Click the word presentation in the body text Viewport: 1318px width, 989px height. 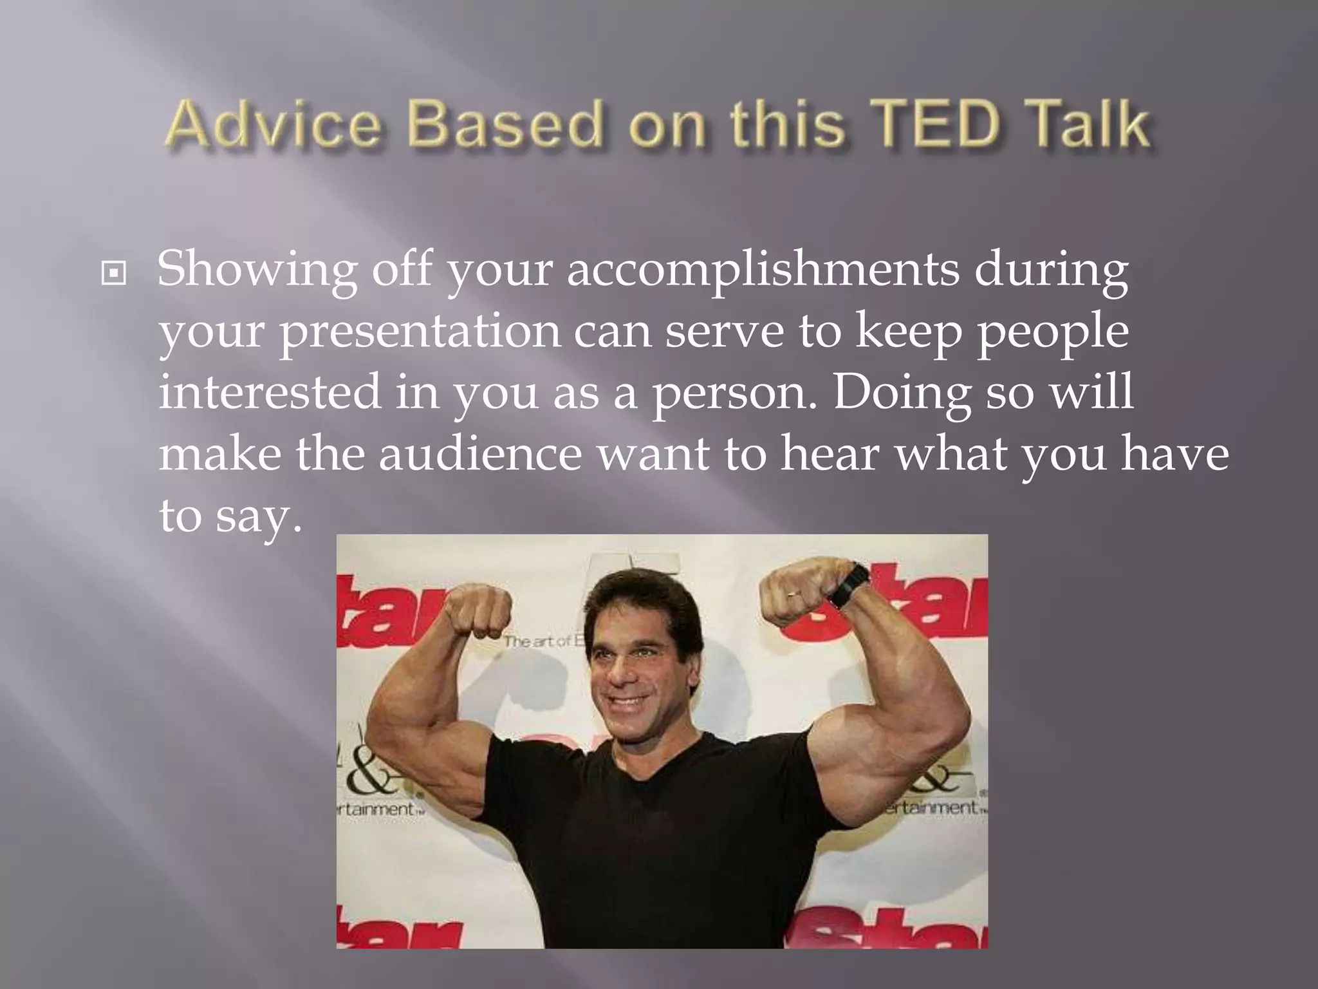[x=420, y=332]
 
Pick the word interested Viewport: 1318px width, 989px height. [x=270, y=393]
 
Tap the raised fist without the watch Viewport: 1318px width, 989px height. [x=478, y=612]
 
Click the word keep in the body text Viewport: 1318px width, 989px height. [x=909, y=332]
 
